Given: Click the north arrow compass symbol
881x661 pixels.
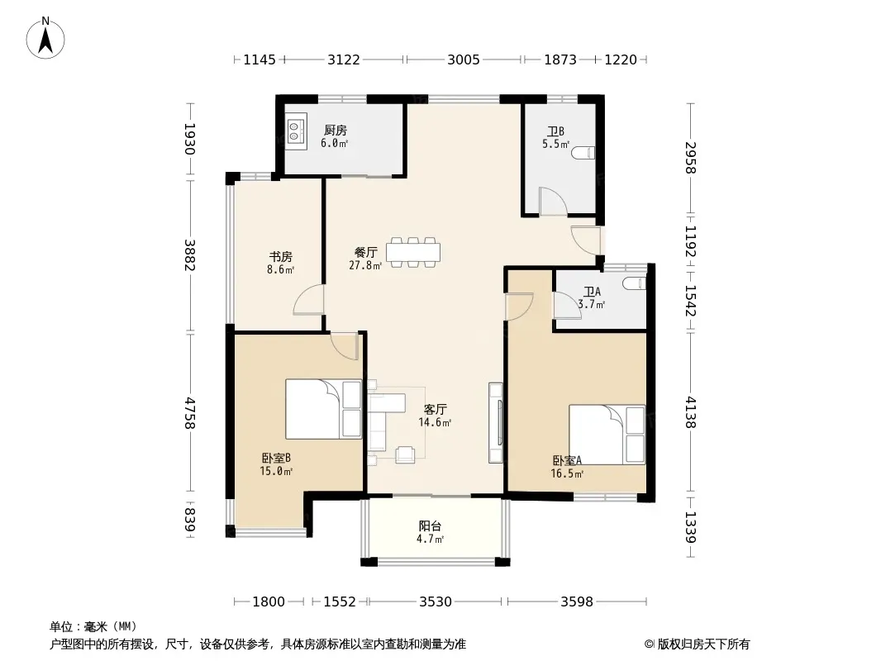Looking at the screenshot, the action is (x=45, y=38).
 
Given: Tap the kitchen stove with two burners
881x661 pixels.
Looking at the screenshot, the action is (x=295, y=131).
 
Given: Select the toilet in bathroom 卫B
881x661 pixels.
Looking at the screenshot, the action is (x=583, y=152).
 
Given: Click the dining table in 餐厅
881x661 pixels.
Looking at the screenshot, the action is (x=413, y=252).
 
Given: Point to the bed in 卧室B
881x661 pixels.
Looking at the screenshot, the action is (x=323, y=409).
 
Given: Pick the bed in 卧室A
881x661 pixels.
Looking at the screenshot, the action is (x=607, y=435).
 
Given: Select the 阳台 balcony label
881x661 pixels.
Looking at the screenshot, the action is (x=430, y=526).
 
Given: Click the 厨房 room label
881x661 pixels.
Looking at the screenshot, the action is (x=336, y=131).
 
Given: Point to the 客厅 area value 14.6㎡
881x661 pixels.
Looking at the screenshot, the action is (x=435, y=422).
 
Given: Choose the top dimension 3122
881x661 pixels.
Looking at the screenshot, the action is (x=344, y=59).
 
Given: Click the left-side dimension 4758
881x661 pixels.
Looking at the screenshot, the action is (x=189, y=413).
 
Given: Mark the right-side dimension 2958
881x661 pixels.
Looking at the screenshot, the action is (x=691, y=158).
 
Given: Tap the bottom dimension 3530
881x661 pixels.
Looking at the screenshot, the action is (x=436, y=602).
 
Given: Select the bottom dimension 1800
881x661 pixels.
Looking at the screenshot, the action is (x=269, y=602).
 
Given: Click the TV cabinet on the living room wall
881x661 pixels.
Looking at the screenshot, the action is (x=496, y=423).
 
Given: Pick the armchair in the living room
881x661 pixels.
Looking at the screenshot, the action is (x=404, y=454).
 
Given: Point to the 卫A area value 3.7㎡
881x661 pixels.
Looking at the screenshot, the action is (x=591, y=305).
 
